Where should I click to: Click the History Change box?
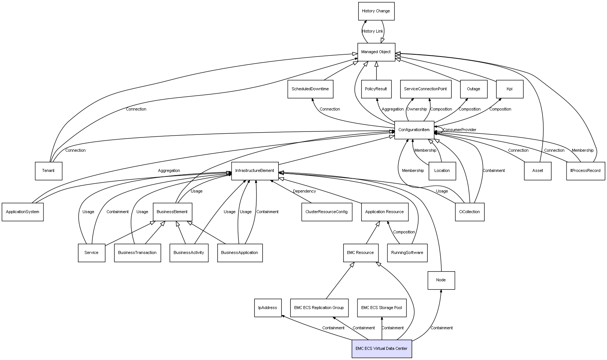point(376,11)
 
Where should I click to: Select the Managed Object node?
point(376,52)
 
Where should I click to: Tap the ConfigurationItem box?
point(414,130)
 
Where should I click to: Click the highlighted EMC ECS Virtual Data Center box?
point(381,348)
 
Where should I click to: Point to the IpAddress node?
point(268,308)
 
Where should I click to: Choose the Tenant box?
point(48,171)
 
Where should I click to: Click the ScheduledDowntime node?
point(310,89)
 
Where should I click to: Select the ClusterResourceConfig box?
point(326,212)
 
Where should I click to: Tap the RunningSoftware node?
point(407,253)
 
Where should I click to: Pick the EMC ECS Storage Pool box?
point(381,308)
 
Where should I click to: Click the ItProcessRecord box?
point(585,171)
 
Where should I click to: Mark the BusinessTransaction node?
point(137,253)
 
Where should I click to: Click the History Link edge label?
point(373,31)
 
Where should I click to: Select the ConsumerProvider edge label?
point(459,130)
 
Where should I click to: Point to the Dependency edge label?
point(304,191)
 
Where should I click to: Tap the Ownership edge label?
point(417,109)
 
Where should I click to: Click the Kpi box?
point(510,89)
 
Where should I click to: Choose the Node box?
point(441,280)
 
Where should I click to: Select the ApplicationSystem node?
point(22,212)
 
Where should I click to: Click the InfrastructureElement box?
point(255,171)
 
